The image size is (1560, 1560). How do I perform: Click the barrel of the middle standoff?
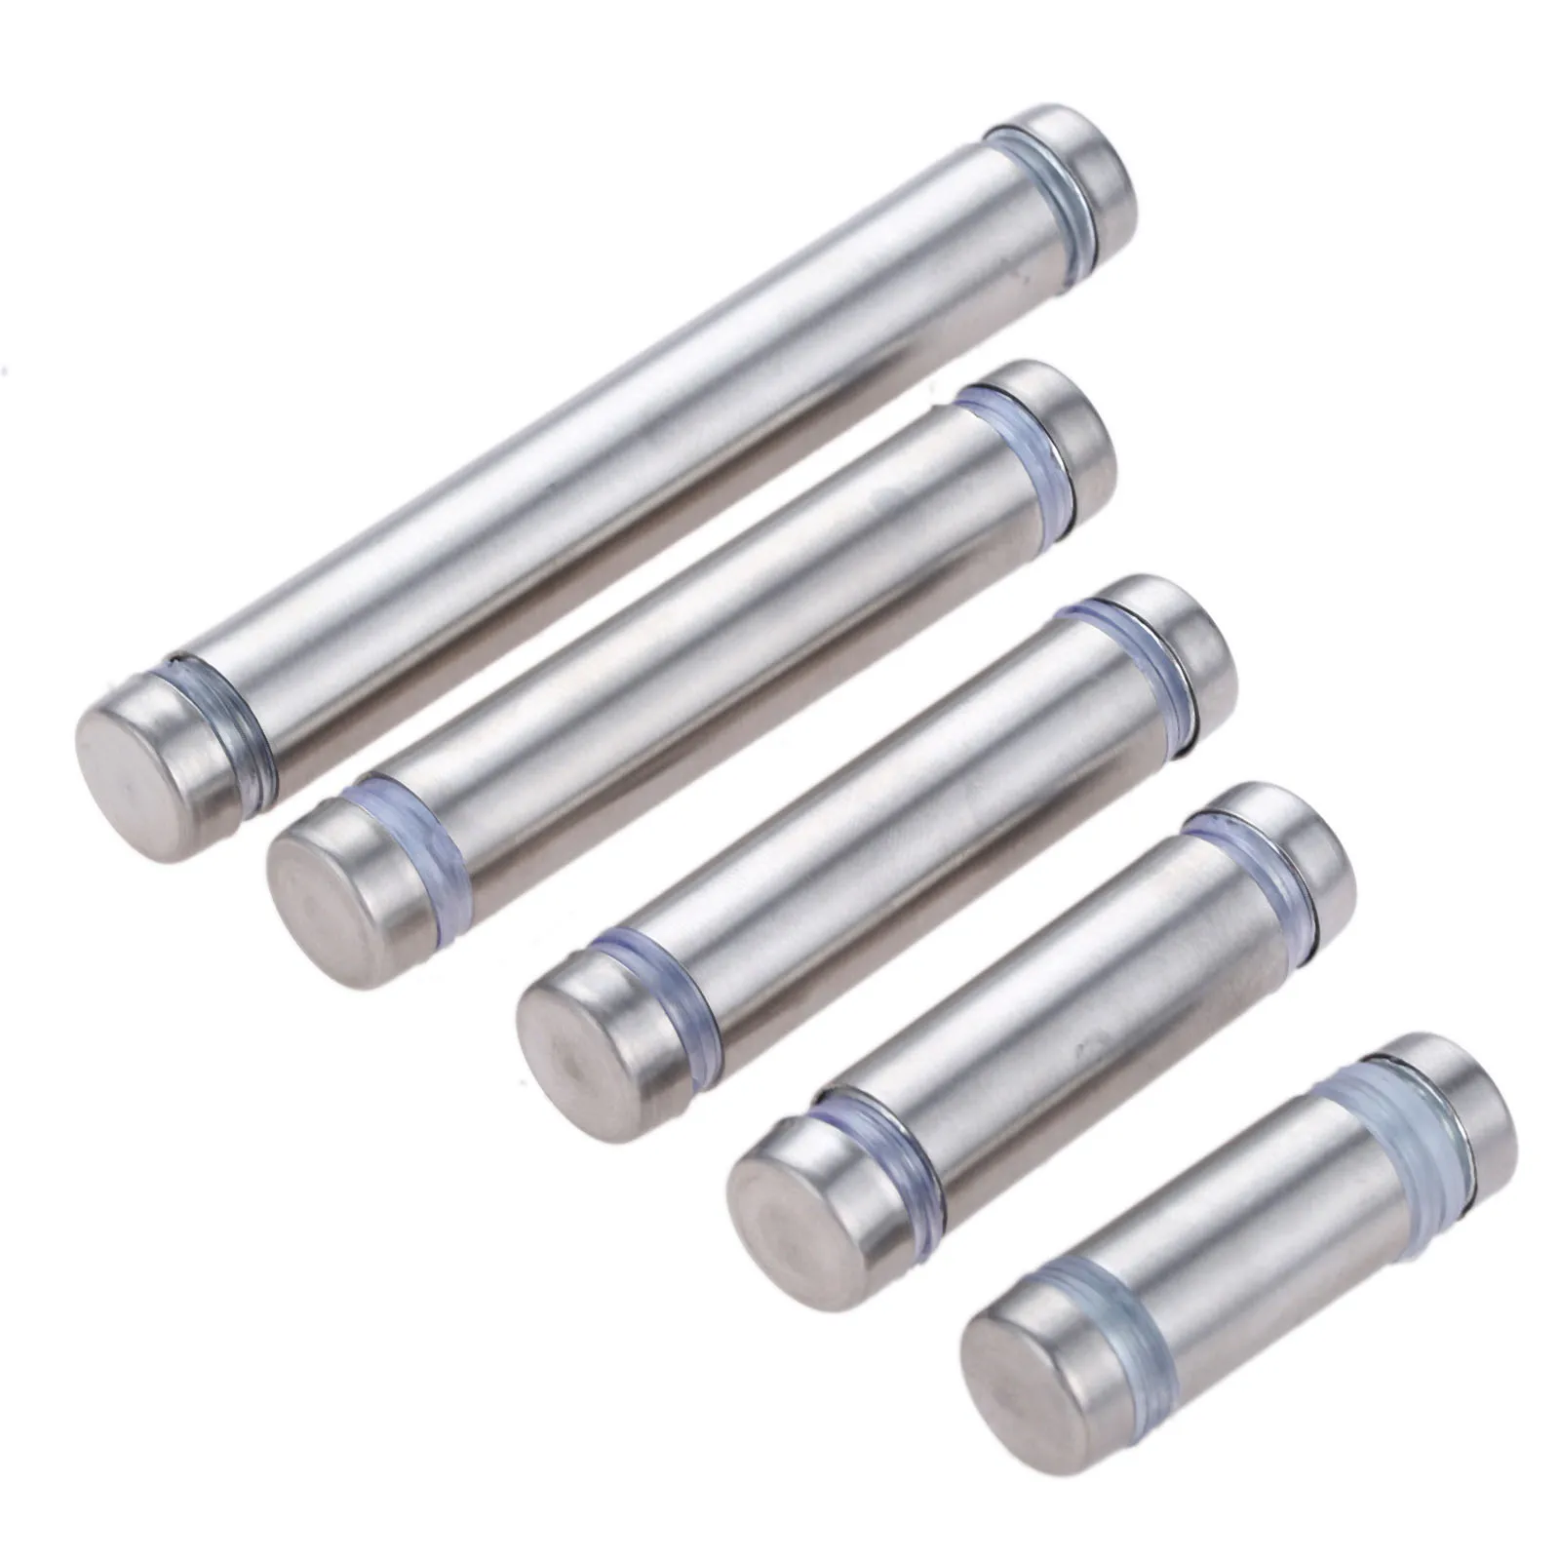tap(877, 829)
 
